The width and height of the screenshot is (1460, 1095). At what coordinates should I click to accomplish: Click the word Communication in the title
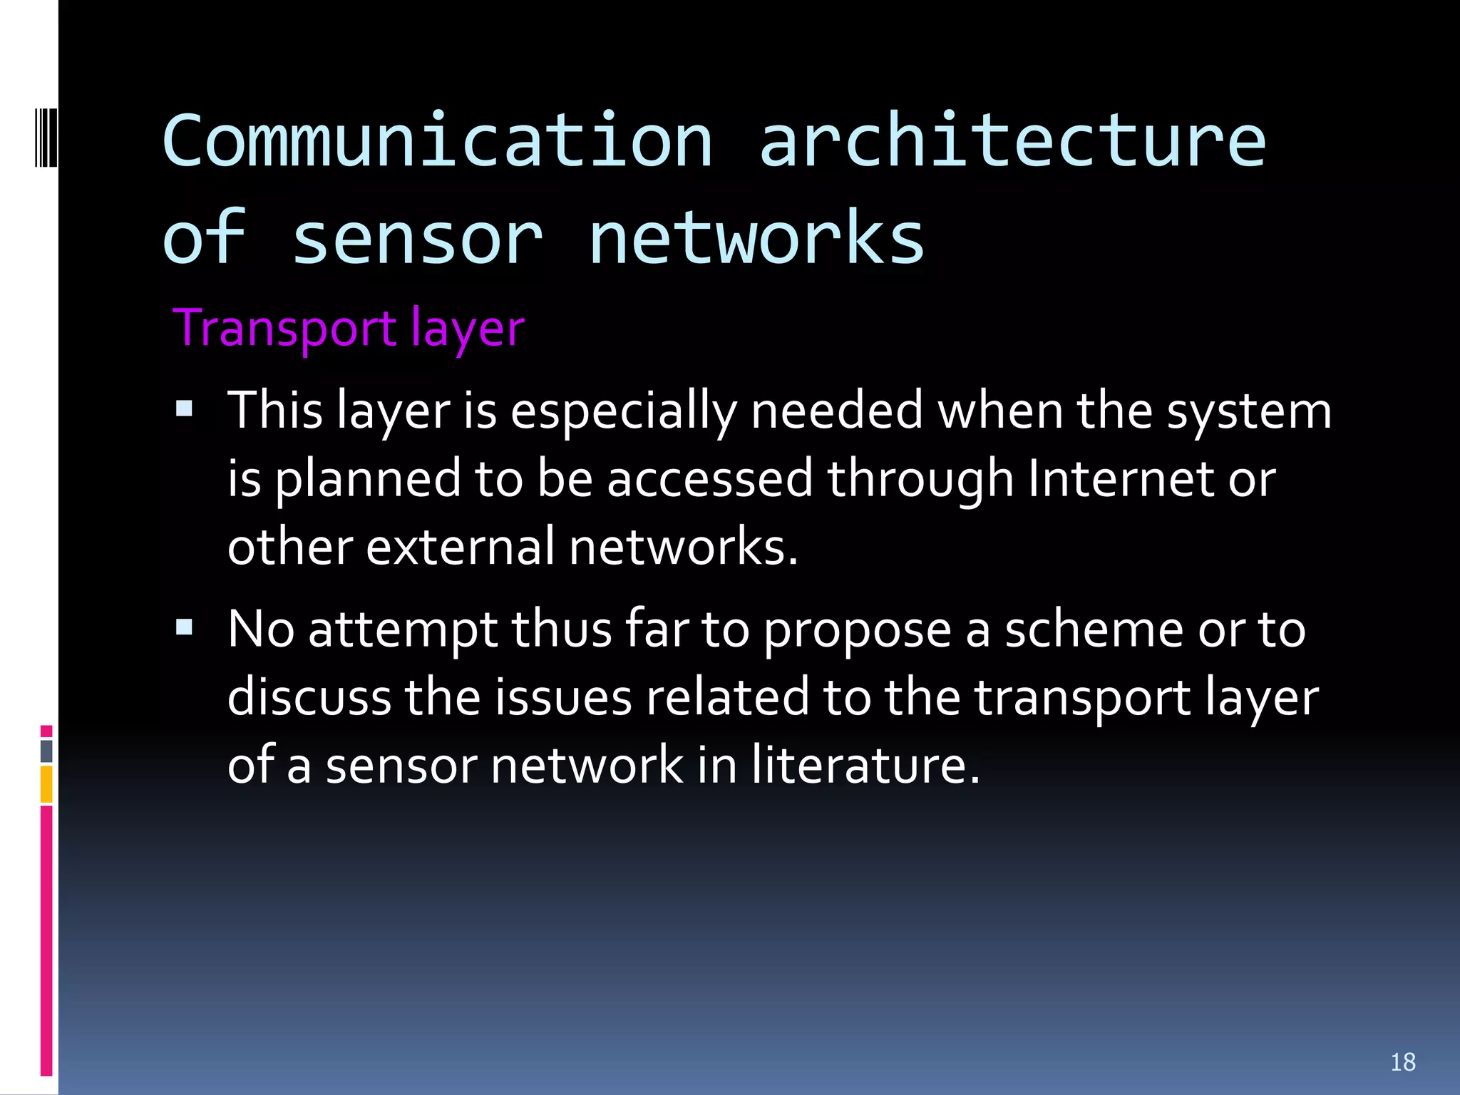[437, 140]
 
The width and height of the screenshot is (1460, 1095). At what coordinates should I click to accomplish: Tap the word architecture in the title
[1012, 140]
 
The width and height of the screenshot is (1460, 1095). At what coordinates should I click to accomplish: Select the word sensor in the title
[417, 238]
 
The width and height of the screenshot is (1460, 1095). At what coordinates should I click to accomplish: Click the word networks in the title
[756, 238]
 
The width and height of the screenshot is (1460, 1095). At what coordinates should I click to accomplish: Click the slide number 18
[1402, 1062]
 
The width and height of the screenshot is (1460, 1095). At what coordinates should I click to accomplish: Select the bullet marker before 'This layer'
[185, 409]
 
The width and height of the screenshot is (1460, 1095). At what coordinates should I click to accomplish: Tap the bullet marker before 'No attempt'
[185, 627]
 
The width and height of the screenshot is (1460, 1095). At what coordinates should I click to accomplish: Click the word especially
[623, 412]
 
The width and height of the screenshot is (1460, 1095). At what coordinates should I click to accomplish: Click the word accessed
[709, 478]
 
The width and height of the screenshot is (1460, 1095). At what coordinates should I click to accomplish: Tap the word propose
[857, 631]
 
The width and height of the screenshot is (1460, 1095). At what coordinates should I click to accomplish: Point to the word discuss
[309, 696]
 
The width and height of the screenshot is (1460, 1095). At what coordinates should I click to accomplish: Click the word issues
[563, 696]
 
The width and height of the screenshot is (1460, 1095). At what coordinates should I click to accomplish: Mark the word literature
[865, 764]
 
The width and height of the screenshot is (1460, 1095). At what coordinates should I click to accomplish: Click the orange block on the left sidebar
[46, 784]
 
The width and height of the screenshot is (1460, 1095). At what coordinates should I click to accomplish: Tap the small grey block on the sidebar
[46, 751]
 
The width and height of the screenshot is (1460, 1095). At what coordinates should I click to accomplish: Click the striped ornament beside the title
[46, 135]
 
